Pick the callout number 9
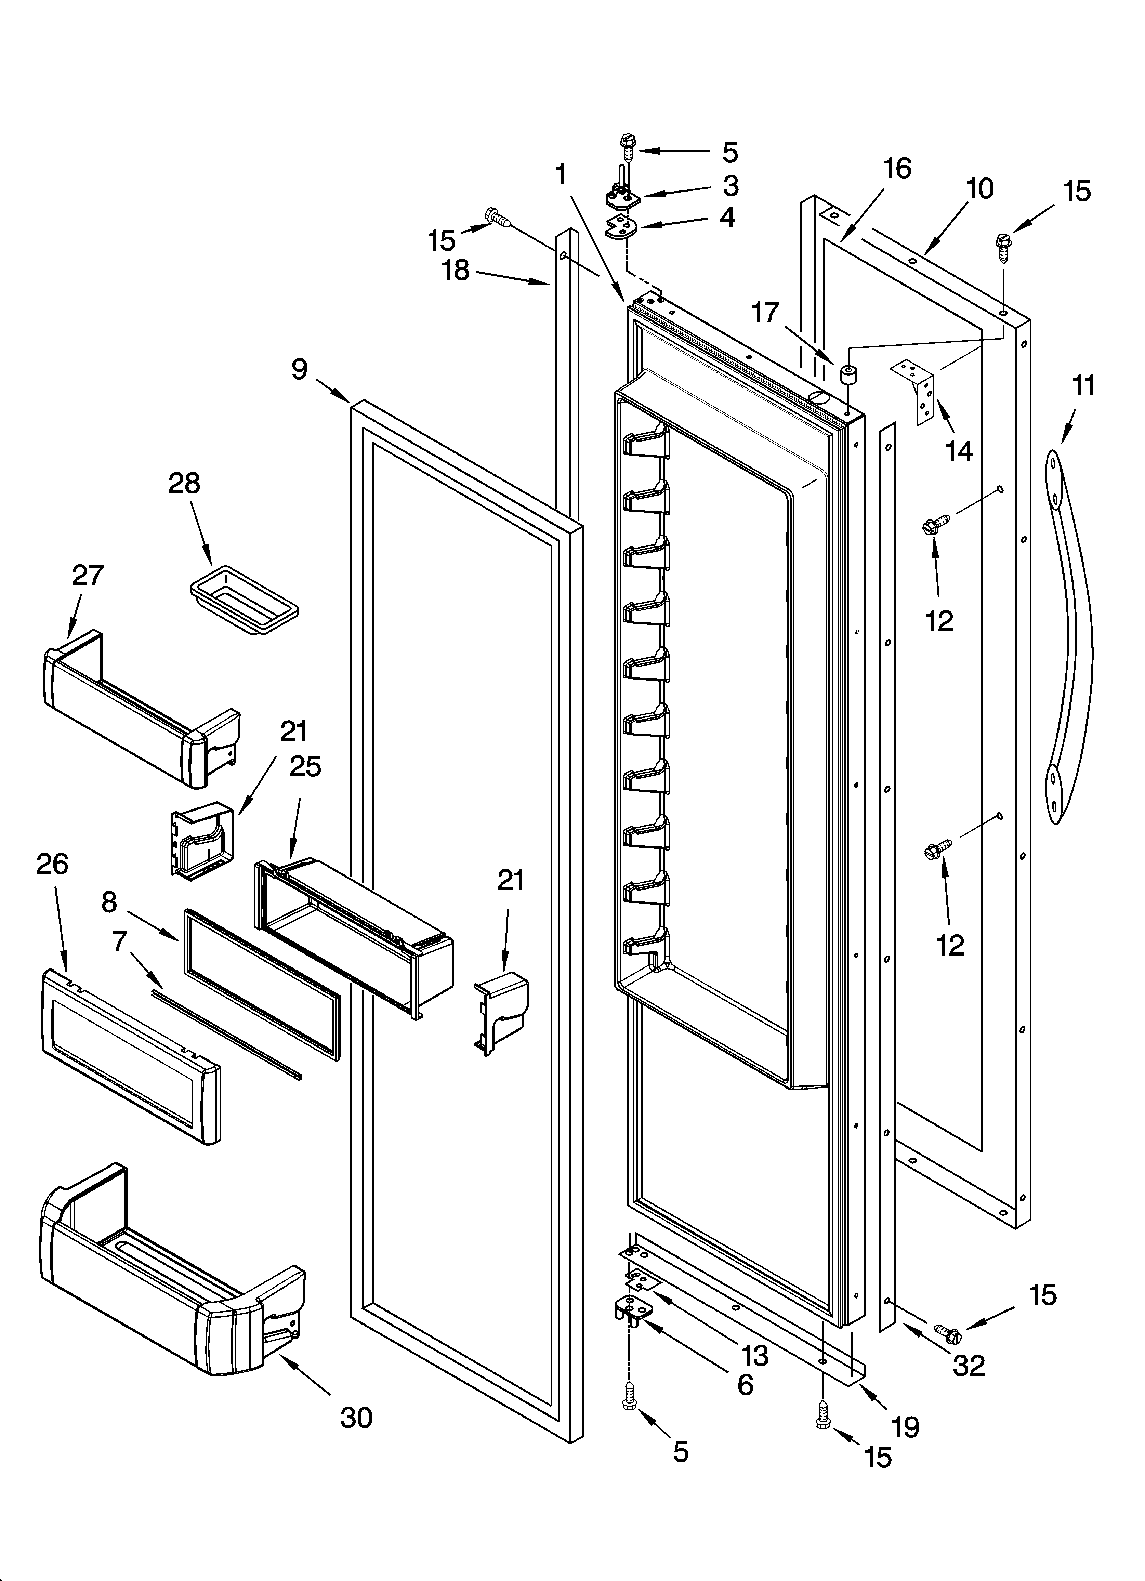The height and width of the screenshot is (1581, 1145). (299, 369)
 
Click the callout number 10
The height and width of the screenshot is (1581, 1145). (980, 189)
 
